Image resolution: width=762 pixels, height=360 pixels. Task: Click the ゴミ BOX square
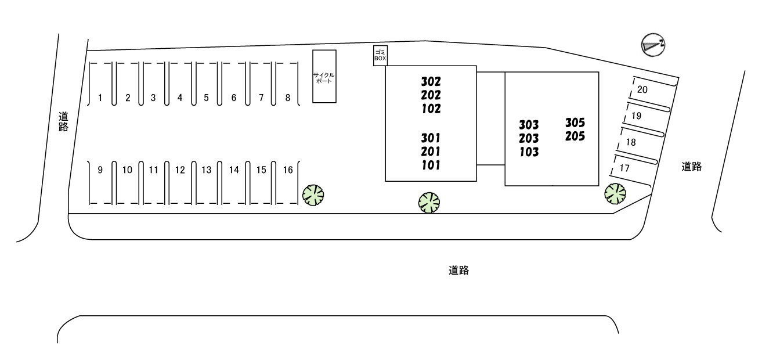tap(380, 56)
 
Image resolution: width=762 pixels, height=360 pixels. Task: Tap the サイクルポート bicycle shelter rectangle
tap(324, 77)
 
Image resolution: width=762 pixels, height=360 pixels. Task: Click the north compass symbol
tap(653, 45)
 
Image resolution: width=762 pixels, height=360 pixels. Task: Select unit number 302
tap(431, 81)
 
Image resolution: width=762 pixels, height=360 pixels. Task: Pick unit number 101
tap(431, 165)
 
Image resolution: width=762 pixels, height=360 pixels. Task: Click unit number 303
tap(529, 125)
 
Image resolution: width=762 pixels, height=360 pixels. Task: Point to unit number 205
tap(575, 137)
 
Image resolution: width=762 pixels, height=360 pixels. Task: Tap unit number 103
tap(529, 153)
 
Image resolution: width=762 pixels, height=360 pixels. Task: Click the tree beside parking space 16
tap(313, 195)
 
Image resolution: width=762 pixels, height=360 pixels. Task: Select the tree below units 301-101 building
tap(429, 202)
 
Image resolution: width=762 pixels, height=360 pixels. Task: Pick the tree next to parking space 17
tap(615, 194)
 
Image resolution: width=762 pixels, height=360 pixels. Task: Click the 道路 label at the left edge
tap(63, 122)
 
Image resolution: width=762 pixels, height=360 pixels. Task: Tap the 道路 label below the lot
tap(458, 270)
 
